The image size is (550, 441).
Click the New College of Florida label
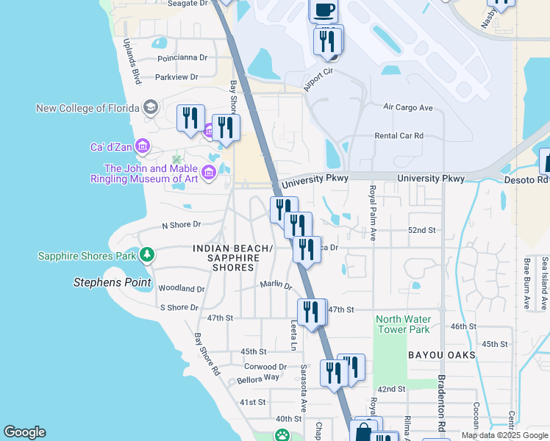87,108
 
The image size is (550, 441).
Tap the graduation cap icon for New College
151,108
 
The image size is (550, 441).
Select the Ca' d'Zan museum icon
143,147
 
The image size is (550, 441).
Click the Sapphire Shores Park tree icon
148,255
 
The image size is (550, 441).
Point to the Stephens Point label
113,282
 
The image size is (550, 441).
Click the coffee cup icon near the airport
324,10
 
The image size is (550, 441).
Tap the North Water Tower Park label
402,324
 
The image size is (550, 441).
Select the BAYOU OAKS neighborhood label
442,355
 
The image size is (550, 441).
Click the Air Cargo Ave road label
408,107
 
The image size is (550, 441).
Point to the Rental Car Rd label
399,135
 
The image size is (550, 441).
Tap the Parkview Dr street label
176,76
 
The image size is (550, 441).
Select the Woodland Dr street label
181,289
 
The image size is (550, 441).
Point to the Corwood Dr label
265,366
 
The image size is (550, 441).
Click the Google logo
24,432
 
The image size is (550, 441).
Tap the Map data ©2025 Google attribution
504,435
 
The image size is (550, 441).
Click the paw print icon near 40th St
282,435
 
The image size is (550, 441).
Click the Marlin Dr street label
276,284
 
